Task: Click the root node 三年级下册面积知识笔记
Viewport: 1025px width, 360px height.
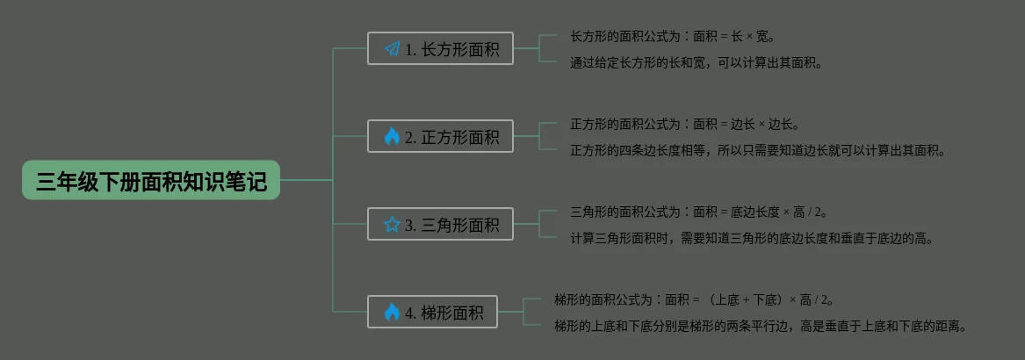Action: pyautogui.click(x=151, y=181)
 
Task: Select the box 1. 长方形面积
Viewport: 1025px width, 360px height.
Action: pyautogui.click(x=440, y=49)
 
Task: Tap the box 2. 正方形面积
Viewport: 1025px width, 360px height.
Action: pyautogui.click(x=440, y=137)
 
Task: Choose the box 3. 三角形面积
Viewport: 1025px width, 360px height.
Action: pyautogui.click(x=440, y=225)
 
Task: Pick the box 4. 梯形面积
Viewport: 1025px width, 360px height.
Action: pyautogui.click(x=432, y=313)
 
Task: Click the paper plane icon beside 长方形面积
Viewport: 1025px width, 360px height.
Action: pyautogui.click(x=392, y=49)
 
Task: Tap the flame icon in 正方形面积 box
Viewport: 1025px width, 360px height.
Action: pyautogui.click(x=392, y=137)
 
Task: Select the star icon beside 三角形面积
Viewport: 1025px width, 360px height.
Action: pyautogui.click(x=392, y=225)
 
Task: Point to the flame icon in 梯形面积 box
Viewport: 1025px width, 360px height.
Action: pyautogui.click(x=392, y=313)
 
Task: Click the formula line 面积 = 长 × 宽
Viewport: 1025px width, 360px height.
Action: pyautogui.click(x=672, y=37)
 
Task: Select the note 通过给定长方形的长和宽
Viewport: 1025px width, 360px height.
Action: pyautogui.click(x=696, y=62)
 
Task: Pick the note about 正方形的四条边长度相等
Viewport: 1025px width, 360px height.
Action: pyautogui.click(x=757, y=150)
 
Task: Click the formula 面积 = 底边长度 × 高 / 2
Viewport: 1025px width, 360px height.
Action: pyautogui.click(x=699, y=212)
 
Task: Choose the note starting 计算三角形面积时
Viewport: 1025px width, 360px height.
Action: pyautogui.click(x=751, y=238)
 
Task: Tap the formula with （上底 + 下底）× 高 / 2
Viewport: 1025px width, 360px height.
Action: pyautogui.click(x=694, y=299)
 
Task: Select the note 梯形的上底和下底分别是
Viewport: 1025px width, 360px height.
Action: pyautogui.click(x=760, y=326)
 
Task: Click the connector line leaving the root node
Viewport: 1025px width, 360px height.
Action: pyautogui.click(x=306, y=180)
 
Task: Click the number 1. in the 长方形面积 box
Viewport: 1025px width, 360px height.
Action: pyautogui.click(x=410, y=50)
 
